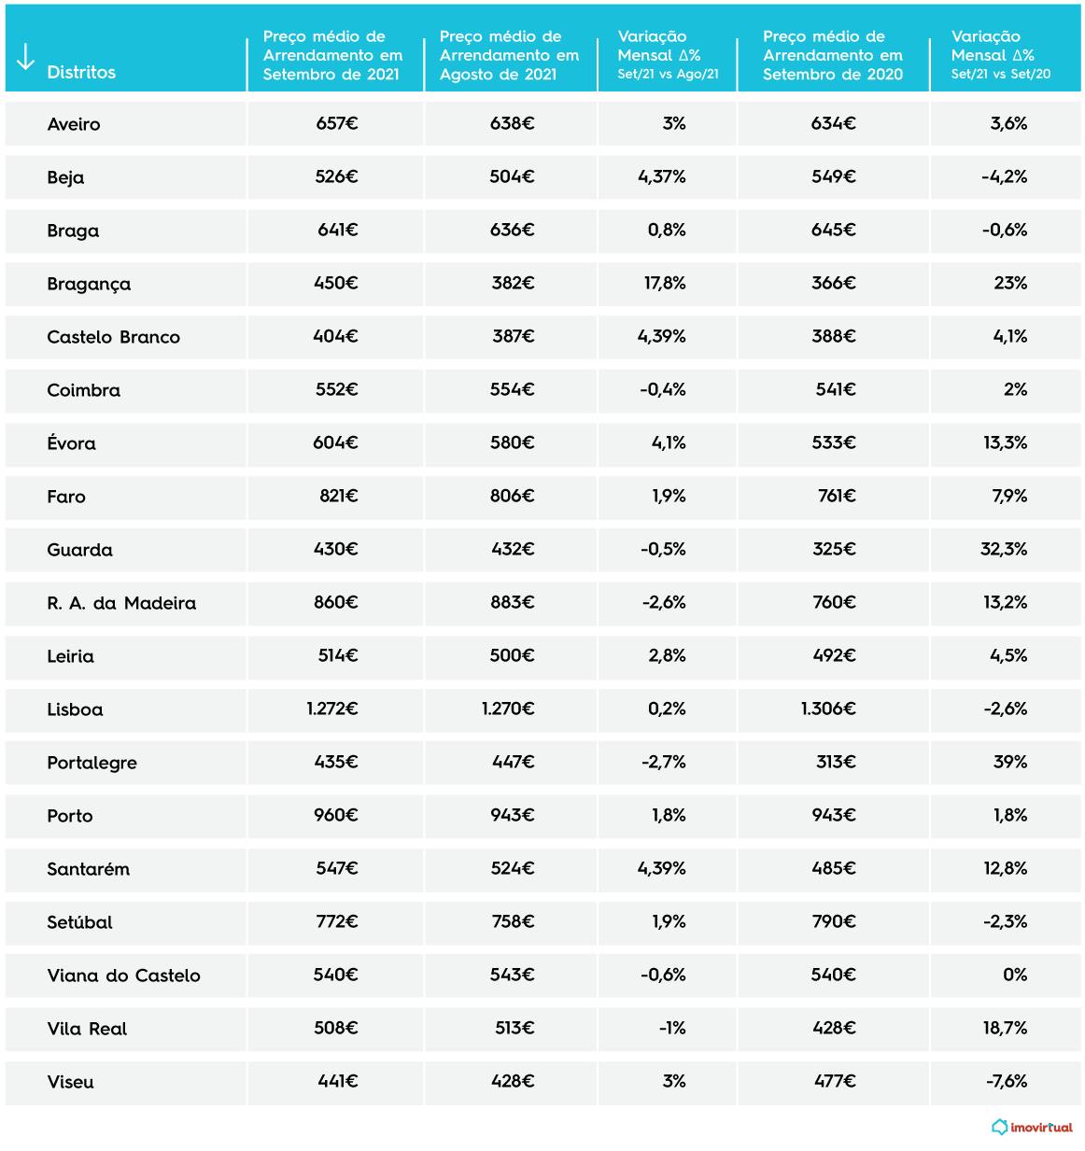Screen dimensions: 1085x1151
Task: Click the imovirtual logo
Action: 1032,1127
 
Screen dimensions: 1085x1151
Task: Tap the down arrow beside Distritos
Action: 25,57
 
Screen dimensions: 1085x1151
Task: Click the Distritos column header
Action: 81,72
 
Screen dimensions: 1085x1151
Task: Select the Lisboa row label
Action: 75,709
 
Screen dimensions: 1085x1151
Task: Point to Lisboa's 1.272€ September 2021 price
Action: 332,709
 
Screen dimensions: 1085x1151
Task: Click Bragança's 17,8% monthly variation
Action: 665,283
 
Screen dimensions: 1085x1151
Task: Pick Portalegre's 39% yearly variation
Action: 1010,762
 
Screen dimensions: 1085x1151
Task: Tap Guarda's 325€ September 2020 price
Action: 834,549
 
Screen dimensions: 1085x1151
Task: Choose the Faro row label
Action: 66,497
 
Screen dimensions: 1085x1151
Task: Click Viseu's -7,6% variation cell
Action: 1007,1081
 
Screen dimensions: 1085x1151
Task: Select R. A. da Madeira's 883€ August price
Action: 512,602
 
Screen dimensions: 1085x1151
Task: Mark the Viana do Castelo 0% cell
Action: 1015,975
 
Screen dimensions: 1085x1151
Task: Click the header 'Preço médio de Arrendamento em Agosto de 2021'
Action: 509,55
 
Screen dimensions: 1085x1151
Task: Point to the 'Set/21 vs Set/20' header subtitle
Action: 1000,74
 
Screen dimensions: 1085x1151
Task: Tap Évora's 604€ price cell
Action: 335,442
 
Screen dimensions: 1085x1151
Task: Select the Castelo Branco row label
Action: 114,337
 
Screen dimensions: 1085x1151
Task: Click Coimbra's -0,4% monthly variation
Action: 663,389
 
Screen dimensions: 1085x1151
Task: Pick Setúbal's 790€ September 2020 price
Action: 834,921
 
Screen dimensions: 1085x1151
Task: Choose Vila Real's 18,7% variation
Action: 1005,1028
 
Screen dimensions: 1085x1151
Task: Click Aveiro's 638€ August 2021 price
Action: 512,123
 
